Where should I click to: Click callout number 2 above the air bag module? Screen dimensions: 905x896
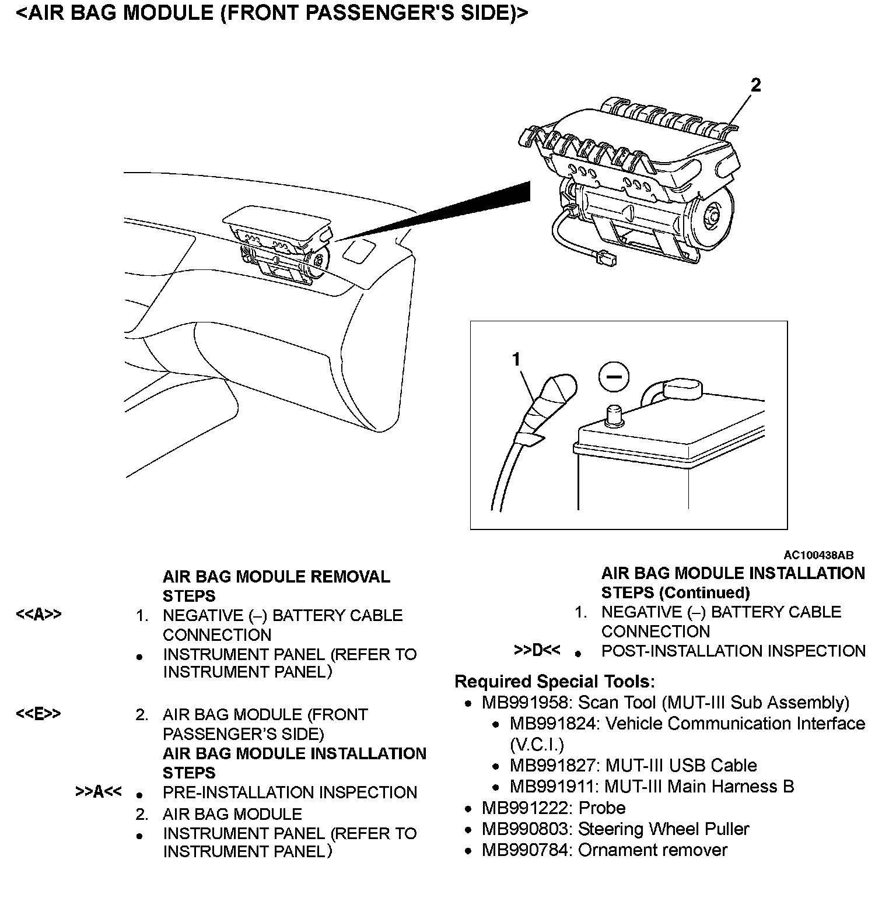coord(755,86)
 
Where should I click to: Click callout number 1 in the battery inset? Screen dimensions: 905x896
coord(516,360)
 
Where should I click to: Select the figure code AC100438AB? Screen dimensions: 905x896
coord(818,556)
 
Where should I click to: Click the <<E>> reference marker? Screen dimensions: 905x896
coord(38,714)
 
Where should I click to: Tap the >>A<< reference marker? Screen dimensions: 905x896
coord(99,791)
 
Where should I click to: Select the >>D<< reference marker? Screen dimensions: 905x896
coord(537,650)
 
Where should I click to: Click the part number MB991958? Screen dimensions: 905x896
coord(527,703)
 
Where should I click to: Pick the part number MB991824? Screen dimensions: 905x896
coord(555,724)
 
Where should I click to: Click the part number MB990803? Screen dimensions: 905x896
coord(527,829)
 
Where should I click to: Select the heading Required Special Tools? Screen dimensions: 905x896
coord(555,681)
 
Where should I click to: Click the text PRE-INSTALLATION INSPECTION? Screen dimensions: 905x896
coord(290,792)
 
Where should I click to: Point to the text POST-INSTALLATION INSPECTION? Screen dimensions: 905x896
coord(733,651)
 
